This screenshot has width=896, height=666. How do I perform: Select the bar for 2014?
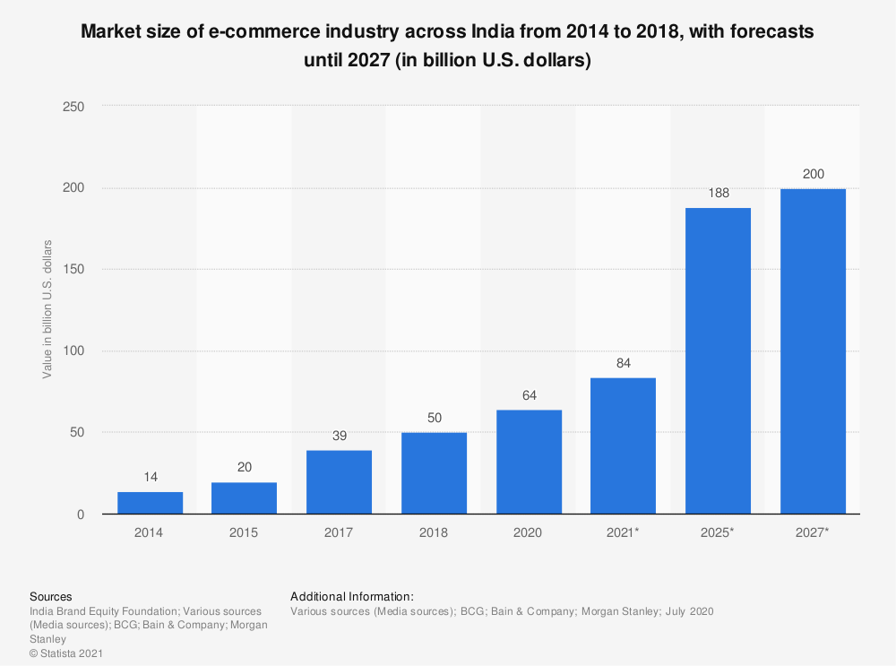150,503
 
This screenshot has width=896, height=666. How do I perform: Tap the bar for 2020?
529,462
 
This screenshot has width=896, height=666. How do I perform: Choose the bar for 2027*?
813,351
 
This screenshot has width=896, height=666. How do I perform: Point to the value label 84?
623,363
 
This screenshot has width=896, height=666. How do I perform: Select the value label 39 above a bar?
339,436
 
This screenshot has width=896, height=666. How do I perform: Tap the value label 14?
150,477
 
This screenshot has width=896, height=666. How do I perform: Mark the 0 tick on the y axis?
81,515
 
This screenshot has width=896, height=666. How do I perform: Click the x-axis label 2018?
434,532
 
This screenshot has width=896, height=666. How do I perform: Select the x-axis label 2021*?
623,532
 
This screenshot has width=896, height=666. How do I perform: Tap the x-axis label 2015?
244,532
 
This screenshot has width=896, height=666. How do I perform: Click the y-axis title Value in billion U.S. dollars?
47,309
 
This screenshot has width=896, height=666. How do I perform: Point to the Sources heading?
51,596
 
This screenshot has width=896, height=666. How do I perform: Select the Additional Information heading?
352,596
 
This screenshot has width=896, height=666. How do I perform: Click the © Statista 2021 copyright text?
66,654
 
